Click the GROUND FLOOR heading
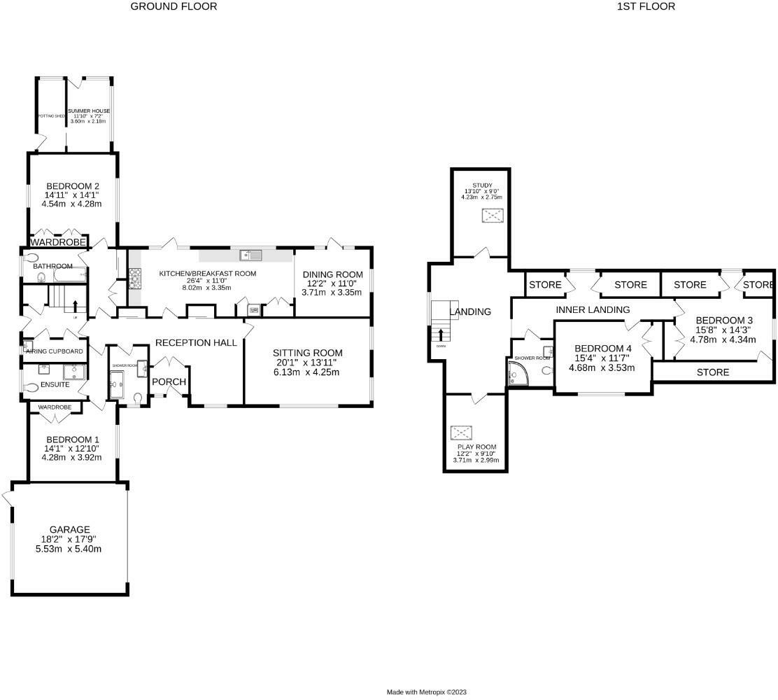coord(174,6)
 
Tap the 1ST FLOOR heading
coord(636,6)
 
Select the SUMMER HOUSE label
coord(89,111)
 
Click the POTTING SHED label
coord(51,115)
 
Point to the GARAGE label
coord(69,530)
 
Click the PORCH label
coord(169,381)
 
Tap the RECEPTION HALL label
coord(196,342)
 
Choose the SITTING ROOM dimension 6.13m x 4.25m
coord(307,372)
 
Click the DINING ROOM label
coord(332,274)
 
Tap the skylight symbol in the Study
coord(493,216)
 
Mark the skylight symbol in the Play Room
coord(461,432)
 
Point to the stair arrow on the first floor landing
coord(441,335)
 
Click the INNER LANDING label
coord(593,309)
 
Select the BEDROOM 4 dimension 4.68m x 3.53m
coord(602,367)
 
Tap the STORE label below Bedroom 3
coord(713,372)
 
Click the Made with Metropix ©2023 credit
coord(427,692)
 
